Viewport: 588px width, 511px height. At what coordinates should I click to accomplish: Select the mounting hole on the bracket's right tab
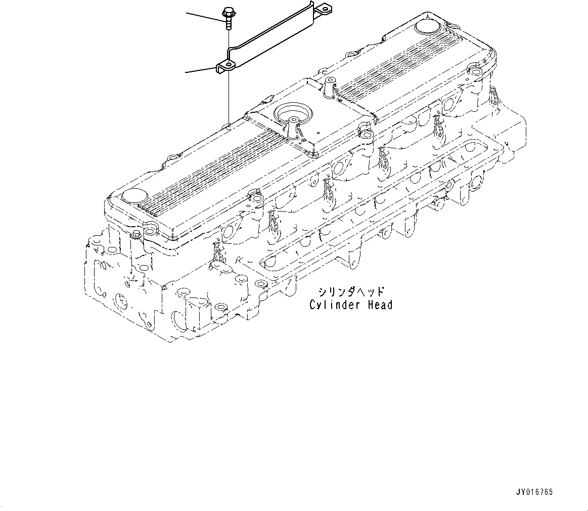(322, 8)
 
